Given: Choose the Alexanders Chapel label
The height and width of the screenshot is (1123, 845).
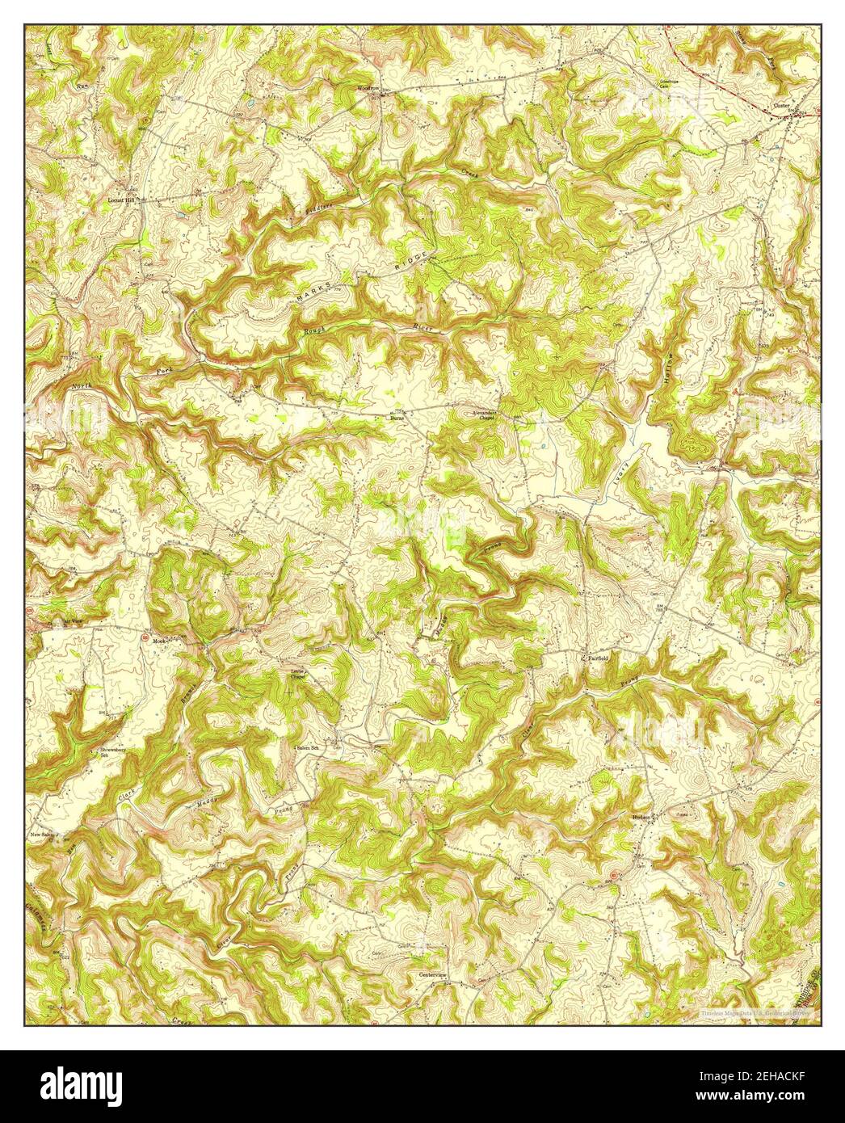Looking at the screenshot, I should (x=486, y=415).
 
